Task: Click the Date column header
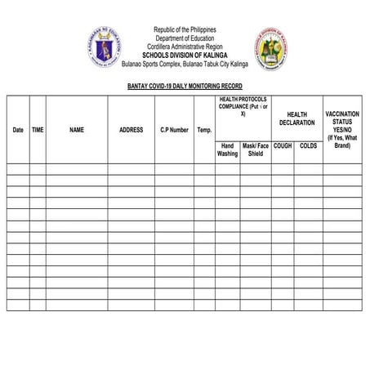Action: [18, 130]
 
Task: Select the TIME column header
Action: [38, 130]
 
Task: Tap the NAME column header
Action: [77, 130]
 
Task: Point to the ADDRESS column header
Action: [131, 130]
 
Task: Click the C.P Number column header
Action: [174, 130]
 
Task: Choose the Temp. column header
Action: [204, 130]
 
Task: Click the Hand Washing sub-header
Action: [228, 149]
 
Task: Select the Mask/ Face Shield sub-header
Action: [256, 149]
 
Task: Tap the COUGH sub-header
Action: [283, 145]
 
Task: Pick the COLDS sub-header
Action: [309, 145]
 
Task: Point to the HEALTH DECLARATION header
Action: [296, 118]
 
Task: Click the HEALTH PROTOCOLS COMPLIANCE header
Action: [243, 106]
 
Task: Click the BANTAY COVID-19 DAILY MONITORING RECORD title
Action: [185, 86]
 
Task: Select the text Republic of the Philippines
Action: [185, 30]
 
